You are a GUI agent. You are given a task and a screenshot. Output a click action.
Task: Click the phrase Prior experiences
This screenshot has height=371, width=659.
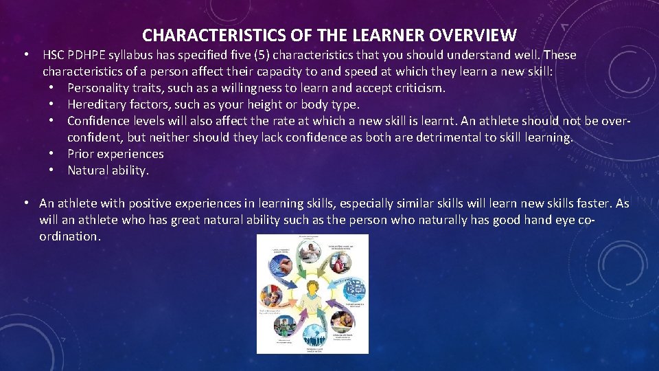pyautogui.click(x=115, y=154)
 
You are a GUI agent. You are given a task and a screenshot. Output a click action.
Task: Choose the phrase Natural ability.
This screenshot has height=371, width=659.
pyautogui.click(x=108, y=170)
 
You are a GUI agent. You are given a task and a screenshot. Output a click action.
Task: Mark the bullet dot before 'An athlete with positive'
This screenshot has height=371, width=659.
pyautogui.click(x=25, y=203)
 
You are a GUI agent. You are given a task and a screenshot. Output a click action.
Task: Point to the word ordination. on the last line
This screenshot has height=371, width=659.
pyautogui.click(x=70, y=236)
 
